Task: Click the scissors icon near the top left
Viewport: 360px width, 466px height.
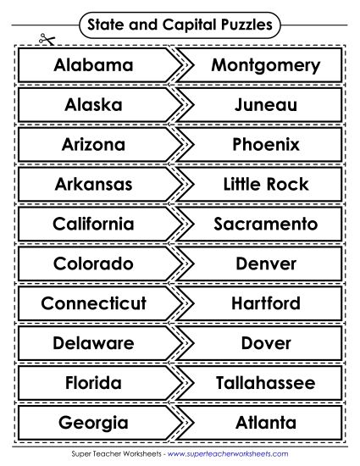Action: [x=42, y=39]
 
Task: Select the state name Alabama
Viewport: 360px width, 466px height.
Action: [x=93, y=65]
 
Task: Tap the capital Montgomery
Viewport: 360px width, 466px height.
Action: [x=265, y=65]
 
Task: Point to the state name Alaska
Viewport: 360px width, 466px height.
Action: [x=93, y=105]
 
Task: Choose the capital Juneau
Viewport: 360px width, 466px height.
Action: [x=265, y=105]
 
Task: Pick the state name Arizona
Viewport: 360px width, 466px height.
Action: [x=93, y=145]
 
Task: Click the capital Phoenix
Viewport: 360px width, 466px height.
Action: [x=265, y=145]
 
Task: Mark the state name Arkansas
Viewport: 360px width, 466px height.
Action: [x=93, y=184]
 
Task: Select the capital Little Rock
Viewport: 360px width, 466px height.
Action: [x=265, y=184]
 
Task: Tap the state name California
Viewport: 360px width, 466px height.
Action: [x=93, y=224]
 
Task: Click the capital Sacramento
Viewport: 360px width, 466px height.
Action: [x=265, y=224]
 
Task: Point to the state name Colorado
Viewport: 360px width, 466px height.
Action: [x=93, y=264]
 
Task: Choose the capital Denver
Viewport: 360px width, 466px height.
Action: [x=265, y=264]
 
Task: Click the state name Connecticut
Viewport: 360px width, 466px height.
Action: [x=93, y=303]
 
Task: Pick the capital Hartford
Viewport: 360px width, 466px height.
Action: [x=265, y=303]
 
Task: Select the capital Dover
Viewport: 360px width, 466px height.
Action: [x=265, y=343]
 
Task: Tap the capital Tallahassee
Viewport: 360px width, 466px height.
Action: [x=265, y=382]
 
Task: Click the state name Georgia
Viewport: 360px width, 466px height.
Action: [x=93, y=422]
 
